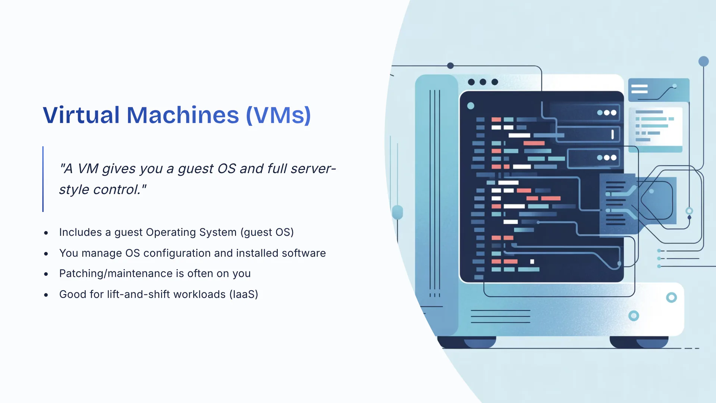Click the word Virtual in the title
(x=81, y=115)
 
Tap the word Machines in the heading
(x=183, y=115)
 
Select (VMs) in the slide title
(x=278, y=115)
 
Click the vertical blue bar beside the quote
(x=43, y=179)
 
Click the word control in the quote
(x=116, y=190)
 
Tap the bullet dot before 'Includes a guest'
(x=46, y=233)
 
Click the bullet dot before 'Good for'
(x=46, y=295)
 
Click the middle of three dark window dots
(x=483, y=82)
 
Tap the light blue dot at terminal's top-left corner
(x=471, y=106)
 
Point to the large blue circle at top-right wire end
(x=703, y=61)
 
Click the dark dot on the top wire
(x=450, y=66)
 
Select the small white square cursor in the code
(x=532, y=262)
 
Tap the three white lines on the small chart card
(x=639, y=89)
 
